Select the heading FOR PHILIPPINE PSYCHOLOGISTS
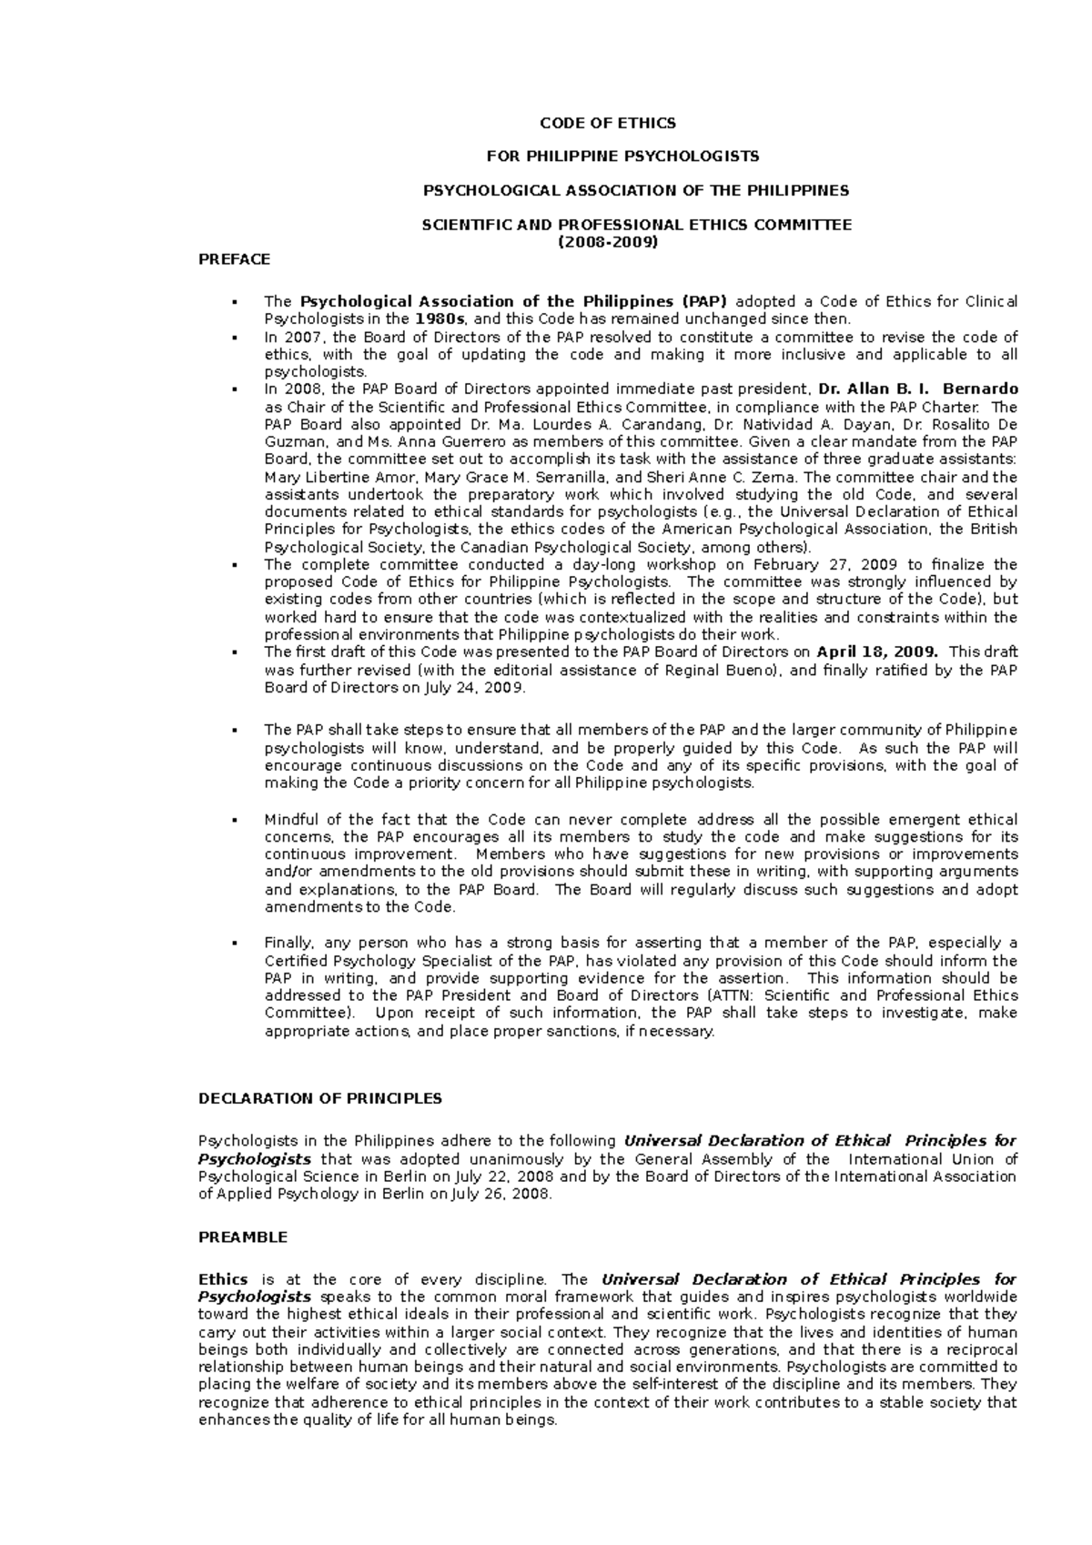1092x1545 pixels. [x=622, y=157]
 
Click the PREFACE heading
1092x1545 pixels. [x=234, y=259]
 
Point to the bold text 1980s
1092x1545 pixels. [x=441, y=319]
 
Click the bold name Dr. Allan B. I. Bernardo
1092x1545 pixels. [x=918, y=389]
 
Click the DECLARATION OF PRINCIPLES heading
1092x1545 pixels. [x=319, y=1098]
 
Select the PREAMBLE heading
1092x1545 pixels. [x=242, y=1237]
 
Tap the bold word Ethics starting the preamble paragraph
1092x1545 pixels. [x=223, y=1279]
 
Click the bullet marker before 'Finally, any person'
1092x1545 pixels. [x=235, y=944]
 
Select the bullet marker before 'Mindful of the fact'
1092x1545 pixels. [x=235, y=820]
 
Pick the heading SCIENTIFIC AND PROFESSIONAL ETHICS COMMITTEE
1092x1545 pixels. [x=636, y=225]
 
